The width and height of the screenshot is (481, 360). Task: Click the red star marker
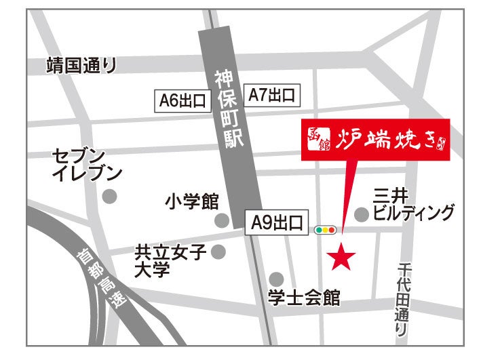coord(342,256)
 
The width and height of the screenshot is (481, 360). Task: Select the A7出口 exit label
coord(271,96)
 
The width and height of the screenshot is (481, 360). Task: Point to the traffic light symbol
coord(326,231)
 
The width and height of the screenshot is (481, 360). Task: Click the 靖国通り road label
coord(81,66)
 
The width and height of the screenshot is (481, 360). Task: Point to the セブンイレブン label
coord(87,165)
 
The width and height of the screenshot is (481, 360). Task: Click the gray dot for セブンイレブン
coord(109,197)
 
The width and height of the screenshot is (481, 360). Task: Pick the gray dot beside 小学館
coord(221,220)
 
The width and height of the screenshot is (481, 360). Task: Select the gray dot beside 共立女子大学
coord(218,252)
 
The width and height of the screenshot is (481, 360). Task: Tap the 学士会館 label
coord(303,298)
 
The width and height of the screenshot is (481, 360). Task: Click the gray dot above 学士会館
coord(276,279)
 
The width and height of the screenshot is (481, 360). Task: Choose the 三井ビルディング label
coord(413,205)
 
